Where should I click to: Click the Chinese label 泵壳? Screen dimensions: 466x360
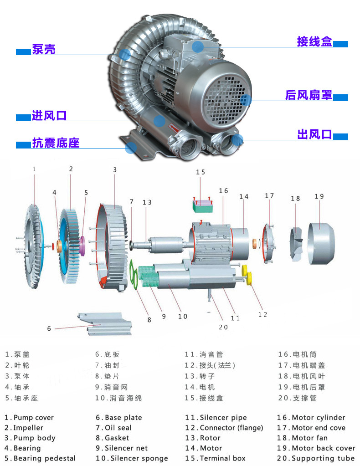coord(43,49)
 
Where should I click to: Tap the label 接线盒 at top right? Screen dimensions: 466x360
coord(314,42)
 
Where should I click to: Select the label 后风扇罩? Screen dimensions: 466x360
coord(309,95)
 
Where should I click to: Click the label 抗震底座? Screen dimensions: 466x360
coord(56,143)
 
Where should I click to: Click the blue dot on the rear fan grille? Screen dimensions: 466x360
coord(245,100)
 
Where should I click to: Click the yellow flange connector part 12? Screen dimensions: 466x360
coord(249,275)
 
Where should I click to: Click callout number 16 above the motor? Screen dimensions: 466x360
coord(223,191)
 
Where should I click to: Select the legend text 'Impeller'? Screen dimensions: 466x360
coord(28,428)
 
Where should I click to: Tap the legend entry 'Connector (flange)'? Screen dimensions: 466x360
coord(231,428)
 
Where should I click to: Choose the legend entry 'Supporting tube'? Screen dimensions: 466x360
coord(323,458)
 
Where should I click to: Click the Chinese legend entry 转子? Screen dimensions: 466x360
coord(207,376)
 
